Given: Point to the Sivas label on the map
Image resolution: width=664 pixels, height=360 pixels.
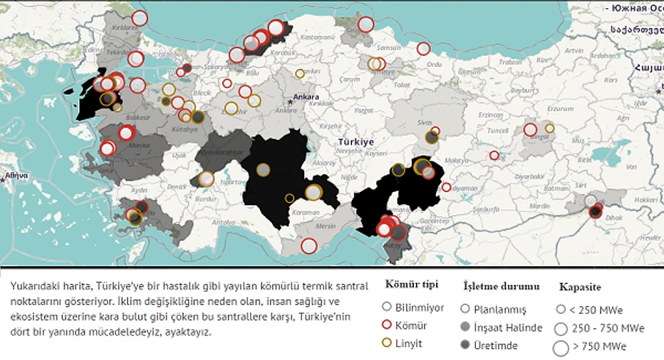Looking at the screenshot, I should click(x=425, y=123).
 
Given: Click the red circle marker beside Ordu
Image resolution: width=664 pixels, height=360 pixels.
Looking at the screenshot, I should click(x=423, y=49).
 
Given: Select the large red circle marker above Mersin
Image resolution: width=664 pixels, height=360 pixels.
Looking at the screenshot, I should click(x=308, y=246).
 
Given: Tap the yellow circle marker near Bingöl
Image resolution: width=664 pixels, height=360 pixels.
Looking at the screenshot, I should click(x=549, y=128).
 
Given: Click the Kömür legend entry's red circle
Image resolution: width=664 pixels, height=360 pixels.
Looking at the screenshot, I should click(x=385, y=326).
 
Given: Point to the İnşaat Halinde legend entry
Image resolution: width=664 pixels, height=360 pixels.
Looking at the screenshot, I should click(x=507, y=327).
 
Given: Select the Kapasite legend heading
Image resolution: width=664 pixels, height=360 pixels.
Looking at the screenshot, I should click(x=580, y=287).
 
